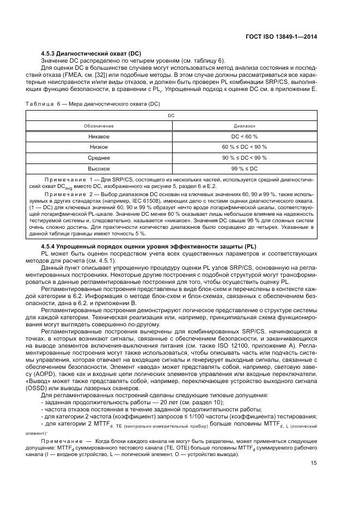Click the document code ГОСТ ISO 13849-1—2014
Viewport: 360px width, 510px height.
click(x=282, y=37)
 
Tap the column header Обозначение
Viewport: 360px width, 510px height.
click(x=99, y=125)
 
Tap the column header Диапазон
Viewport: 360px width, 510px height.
click(x=244, y=125)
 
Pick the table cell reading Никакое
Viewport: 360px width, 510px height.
click(x=99, y=136)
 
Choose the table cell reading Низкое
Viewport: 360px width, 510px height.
click(x=99, y=147)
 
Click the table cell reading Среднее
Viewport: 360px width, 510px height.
click(x=99, y=158)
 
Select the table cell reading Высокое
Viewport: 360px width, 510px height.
click(x=99, y=169)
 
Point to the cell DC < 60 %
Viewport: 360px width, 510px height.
click(x=244, y=136)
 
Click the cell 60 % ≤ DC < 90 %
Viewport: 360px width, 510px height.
click(x=244, y=147)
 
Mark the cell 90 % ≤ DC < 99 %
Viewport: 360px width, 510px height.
click(x=244, y=158)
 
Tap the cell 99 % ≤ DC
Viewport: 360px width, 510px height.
click(x=244, y=169)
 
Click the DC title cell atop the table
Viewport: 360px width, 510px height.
click(x=171, y=116)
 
